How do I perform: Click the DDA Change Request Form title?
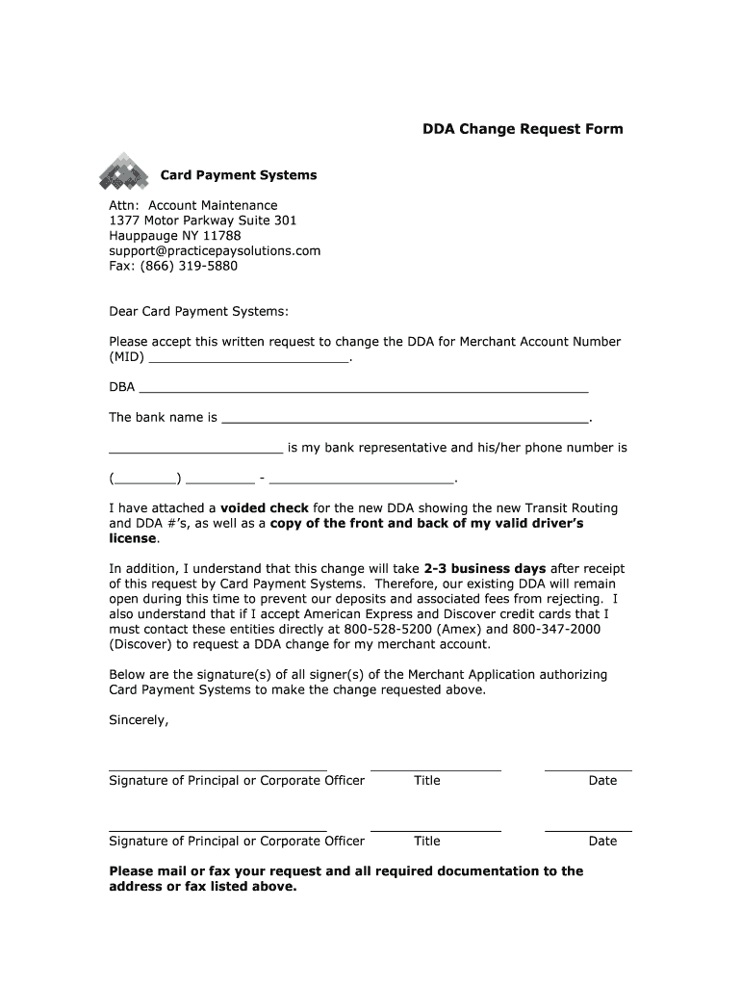click(524, 129)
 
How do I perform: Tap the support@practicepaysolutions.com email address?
click(215, 250)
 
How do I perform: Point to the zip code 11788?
click(222, 236)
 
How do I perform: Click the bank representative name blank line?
click(195, 450)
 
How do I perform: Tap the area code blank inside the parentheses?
click(145, 479)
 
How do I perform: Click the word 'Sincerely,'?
click(139, 720)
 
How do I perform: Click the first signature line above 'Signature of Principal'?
click(217, 770)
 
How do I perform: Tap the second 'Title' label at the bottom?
click(427, 841)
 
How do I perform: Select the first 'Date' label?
click(602, 781)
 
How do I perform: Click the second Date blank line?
click(588, 830)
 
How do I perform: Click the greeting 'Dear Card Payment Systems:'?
click(198, 311)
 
